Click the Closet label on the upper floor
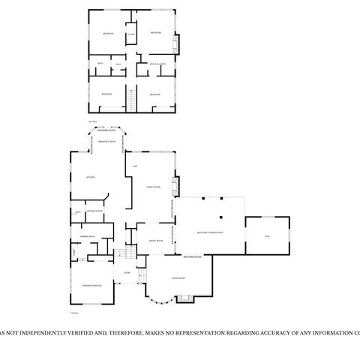click(x=130, y=34)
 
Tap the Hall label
click(x=118, y=65)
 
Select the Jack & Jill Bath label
click(x=157, y=65)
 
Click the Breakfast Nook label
click(x=107, y=141)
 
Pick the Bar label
click(x=135, y=165)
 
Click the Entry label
click(x=127, y=272)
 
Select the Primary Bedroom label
click(x=91, y=286)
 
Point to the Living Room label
click(x=178, y=278)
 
